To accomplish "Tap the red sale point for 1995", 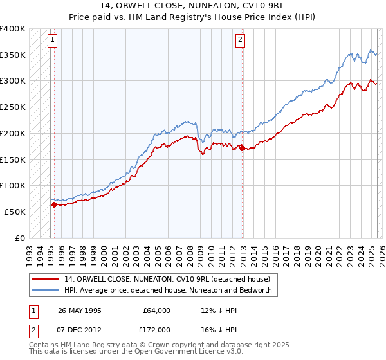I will click(x=54, y=204).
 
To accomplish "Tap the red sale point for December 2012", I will click(x=242, y=148).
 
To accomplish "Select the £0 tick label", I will click(x=20, y=238).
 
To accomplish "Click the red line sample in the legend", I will click(x=46, y=279).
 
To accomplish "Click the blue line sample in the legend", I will click(x=46, y=290).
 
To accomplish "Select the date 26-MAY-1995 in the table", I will click(x=79, y=310).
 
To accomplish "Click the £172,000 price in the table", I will click(x=156, y=329).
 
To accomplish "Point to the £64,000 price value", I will click(x=156, y=310).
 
